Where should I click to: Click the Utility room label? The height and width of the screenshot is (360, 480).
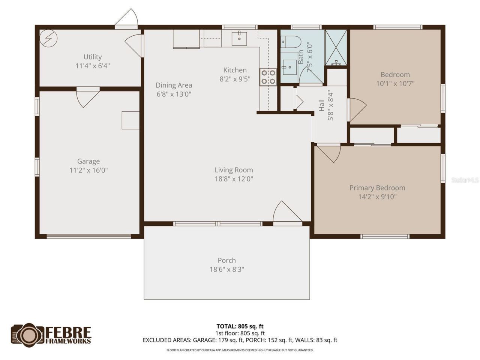point(93,57)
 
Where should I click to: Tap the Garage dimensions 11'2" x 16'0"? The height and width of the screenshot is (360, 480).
point(88,170)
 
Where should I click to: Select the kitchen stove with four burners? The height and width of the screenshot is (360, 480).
point(268,77)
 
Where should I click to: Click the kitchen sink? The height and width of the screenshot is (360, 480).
point(239,38)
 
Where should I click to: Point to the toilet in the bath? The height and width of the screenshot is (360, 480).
point(291,42)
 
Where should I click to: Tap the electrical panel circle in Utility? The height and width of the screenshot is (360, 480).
point(49,38)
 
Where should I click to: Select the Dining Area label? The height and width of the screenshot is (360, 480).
point(174,85)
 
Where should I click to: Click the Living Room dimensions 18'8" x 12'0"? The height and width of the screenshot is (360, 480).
point(234,179)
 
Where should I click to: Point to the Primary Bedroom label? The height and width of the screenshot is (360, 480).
point(377,188)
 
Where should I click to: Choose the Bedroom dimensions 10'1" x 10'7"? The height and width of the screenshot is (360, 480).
point(395,84)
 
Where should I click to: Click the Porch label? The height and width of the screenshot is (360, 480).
point(227,260)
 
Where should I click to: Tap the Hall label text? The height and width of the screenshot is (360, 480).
point(322,105)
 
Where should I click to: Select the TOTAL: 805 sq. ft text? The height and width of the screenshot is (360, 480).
point(240,326)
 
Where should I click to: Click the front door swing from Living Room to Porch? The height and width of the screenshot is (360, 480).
point(286,214)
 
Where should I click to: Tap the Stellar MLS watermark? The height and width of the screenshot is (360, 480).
point(465,180)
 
